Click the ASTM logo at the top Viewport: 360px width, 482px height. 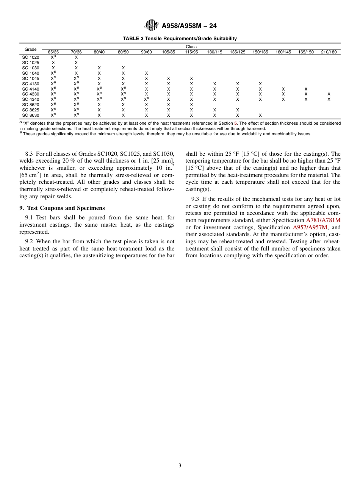[152, 26]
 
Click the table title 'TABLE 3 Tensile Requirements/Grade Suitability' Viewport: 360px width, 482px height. [180, 38]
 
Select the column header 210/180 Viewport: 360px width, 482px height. [329, 52]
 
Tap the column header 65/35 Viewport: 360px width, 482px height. [53, 52]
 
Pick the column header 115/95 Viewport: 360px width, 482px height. [191, 52]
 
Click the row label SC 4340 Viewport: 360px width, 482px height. [30, 99]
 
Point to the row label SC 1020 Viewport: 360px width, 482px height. [30, 57]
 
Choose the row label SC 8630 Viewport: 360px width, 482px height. [30, 115]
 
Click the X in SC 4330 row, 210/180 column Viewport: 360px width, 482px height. [329, 94]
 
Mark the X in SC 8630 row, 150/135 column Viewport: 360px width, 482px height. [260, 115]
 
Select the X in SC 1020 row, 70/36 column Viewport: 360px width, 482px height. [76, 57]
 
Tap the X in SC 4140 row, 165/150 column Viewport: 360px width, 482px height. [306, 89]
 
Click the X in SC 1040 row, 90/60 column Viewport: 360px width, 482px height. [146, 73]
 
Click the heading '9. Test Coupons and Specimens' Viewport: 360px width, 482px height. [62, 208]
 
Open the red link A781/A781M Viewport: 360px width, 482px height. [323, 220]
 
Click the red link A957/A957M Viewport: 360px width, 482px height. [310, 227]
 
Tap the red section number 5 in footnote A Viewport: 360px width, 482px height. [235, 124]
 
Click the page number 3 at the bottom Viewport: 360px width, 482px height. [180, 466]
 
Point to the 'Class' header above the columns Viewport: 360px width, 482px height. [191, 47]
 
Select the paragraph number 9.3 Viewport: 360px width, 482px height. [195, 199]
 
